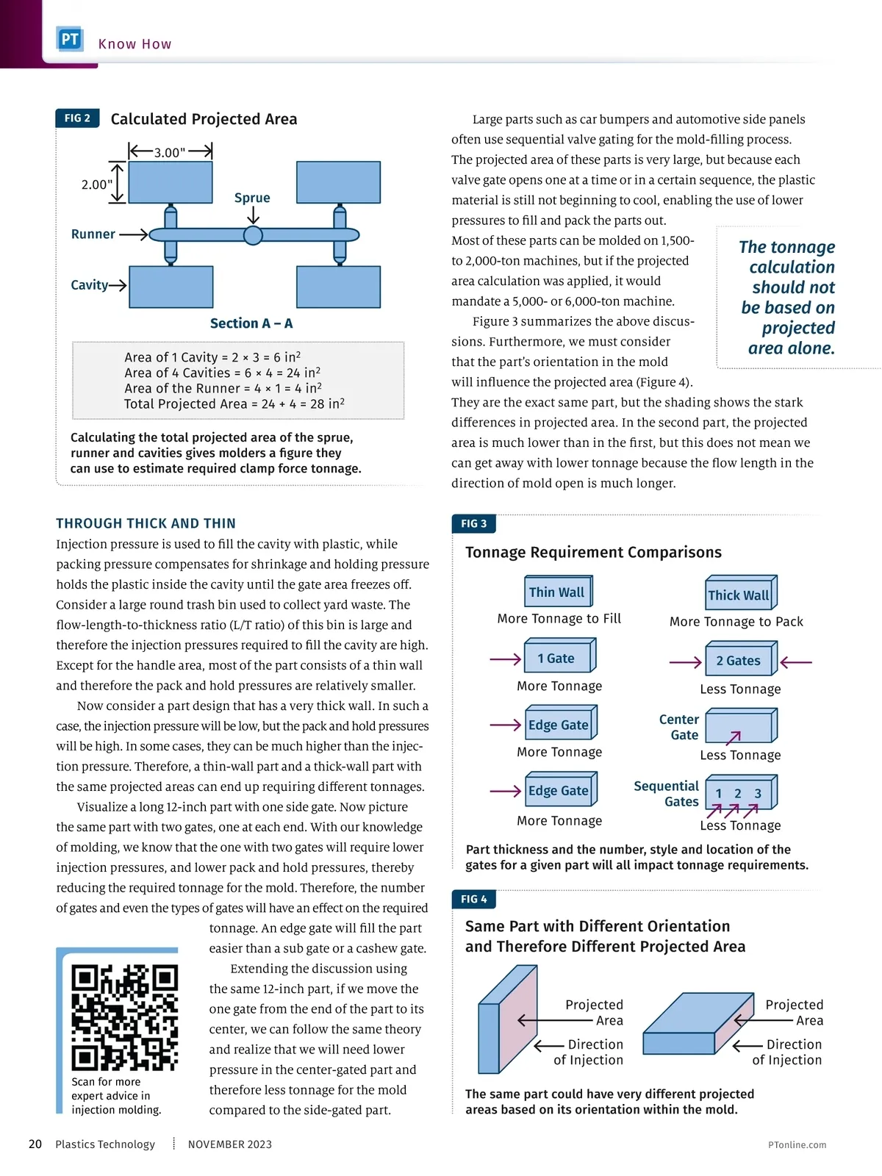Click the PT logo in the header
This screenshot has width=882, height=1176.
[70, 38]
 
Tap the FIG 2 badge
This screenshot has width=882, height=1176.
[77, 118]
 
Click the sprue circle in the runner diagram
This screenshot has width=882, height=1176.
[253, 234]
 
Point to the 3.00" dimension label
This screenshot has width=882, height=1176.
[170, 153]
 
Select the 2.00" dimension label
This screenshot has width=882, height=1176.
[97, 184]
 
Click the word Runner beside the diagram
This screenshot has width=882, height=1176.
[93, 234]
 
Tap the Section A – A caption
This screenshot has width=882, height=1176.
[251, 323]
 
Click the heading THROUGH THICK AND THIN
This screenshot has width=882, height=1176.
[146, 523]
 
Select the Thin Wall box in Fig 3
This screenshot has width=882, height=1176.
[558, 591]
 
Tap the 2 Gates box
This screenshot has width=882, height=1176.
[741, 659]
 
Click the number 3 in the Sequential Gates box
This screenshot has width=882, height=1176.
[758, 794]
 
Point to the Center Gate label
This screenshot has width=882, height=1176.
[679, 727]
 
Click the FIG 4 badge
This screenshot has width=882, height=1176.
[474, 898]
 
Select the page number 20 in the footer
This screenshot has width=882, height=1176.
[35, 1144]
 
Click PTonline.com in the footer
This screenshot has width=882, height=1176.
[797, 1144]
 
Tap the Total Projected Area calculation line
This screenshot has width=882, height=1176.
[234, 404]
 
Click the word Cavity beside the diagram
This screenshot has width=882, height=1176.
[90, 284]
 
